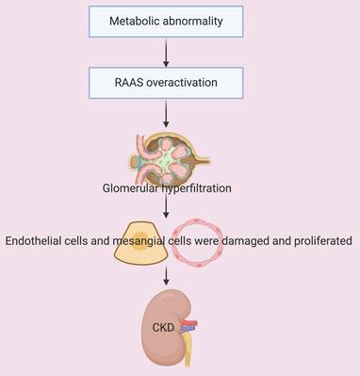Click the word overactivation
(182, 83)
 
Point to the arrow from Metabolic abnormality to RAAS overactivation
(166, 52)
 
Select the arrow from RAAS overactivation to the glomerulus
(166, 113)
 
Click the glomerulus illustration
(170, 158)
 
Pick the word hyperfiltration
(196, 188)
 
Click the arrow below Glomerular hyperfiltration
(166, 206)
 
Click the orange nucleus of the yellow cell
(140, 240)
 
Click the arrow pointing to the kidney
(166, 275)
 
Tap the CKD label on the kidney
(163, 328)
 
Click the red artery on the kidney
(189, 323)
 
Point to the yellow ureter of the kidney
(187, 349)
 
